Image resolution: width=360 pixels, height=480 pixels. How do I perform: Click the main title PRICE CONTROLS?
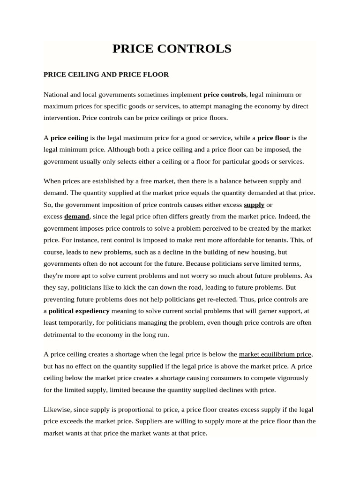pyautogui.click(x=172, y=49)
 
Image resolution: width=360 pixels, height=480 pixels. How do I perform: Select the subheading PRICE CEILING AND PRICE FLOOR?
pyautogui.click(x=106, y=75)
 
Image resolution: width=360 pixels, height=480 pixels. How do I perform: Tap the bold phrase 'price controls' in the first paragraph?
pyautogui.click(x=225, y=95)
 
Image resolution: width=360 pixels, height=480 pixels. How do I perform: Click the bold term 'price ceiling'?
pyautogui.click(x=69, y=138)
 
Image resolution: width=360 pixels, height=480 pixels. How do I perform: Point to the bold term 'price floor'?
pyautogui.click(x=274, y=138)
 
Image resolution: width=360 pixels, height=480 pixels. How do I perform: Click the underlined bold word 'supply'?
pyautogui.click(x=254, y=205)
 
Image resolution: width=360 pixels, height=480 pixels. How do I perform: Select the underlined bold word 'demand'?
pyautogui.click(x=76, y=217)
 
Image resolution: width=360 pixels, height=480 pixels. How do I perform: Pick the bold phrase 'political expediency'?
pyautogui.click(x=79, y=311)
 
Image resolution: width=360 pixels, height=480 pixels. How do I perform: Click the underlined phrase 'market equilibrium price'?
pyautogui.click(x=275, y=354)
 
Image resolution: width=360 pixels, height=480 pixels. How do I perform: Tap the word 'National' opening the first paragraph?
pyautogui.click(x=56, y=95)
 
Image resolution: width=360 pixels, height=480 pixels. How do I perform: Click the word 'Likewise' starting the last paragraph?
pyautogui.click(x=57, y=409)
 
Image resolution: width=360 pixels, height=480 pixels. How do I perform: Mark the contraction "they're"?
pyautogui.click(x=55, y=276)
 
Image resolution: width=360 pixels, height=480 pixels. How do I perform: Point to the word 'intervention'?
pyautogui.click(x=61, y=118)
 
